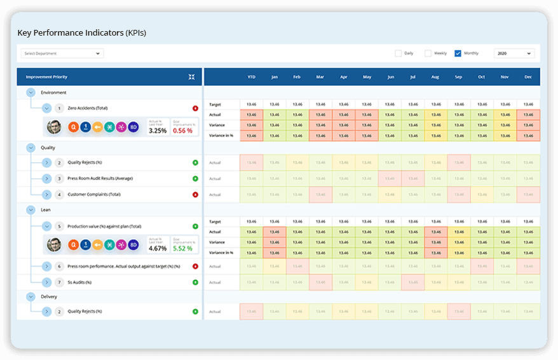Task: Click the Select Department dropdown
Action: [62, 53]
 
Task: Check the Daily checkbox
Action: [398, 53]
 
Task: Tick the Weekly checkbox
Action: [428, 53]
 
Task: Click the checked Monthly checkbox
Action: [458, 53]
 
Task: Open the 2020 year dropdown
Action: [514, 53]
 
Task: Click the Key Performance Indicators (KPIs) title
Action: [81, 32]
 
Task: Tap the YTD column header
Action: [252, 77]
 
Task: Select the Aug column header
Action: [435, 77]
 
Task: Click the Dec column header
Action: [527, 77]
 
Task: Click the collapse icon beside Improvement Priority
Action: [192, 77]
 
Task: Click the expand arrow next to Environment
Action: [31, 93]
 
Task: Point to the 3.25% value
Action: [158, 130]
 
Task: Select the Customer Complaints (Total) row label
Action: [94, 194]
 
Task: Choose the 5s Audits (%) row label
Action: [79, 282]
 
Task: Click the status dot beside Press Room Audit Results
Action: [195, 179]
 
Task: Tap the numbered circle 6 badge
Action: [59, 266]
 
